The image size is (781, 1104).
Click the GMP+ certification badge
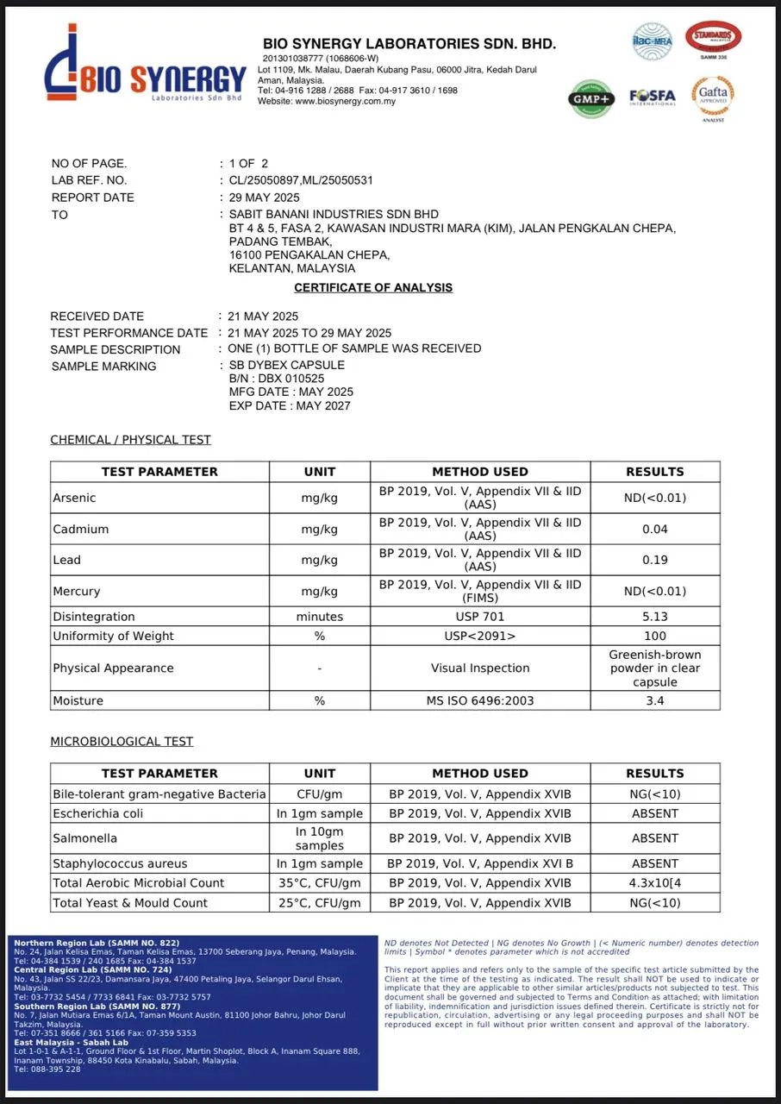point(590,99)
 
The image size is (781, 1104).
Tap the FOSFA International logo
point(652,97)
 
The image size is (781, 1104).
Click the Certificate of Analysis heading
point(373,288)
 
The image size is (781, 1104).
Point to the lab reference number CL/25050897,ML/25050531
point(301,180)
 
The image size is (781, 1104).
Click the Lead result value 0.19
point(654,560)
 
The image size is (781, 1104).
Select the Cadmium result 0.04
point(654,529)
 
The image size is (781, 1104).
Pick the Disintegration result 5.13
point(654,617)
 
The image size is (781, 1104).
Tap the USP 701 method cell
point(480,617)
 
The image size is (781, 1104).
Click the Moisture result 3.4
point(654,700)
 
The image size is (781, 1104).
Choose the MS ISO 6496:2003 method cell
point(480,700)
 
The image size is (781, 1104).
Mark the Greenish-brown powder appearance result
point(654,668)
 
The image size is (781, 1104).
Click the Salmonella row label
point(85,838)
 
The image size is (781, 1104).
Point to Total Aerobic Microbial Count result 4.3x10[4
point(654,883)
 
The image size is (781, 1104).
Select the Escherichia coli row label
point(98,813)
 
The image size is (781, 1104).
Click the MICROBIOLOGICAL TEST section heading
point(122,742)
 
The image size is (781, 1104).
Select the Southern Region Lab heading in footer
point(97,1007)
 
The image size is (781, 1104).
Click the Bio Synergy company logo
point(144,75)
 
